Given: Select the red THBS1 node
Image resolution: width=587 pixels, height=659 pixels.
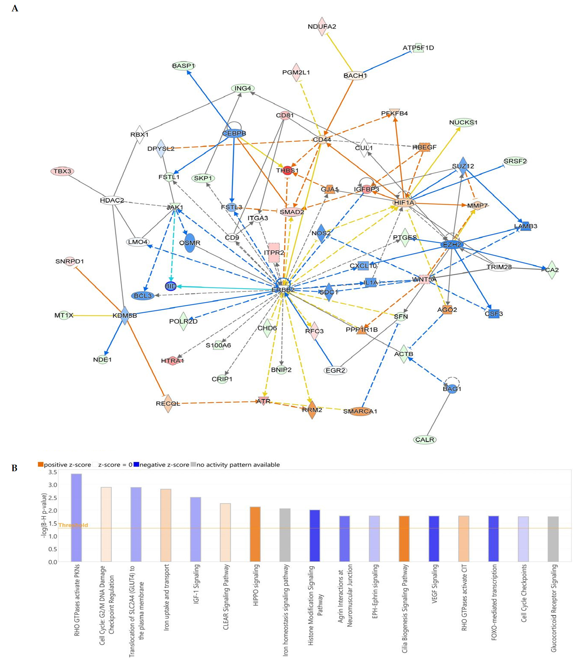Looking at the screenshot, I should tap(287, 170).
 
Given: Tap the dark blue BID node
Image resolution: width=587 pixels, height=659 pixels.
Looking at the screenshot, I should tap(171, 286).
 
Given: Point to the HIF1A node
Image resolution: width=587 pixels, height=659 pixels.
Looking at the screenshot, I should tap(404, 203).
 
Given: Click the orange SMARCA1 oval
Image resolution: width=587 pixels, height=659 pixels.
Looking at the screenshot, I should tap(360, 411).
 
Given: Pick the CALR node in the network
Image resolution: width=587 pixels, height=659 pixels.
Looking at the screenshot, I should tap(425, 440).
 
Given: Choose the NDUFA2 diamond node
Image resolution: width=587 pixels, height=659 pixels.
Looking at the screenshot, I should tap(322, 26).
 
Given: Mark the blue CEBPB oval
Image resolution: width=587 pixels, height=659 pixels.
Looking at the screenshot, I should tap(234, 133).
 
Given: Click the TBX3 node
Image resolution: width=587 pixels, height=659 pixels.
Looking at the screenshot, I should tap(62, 171).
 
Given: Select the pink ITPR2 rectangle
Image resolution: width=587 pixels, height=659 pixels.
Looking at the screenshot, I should tap(274, 252).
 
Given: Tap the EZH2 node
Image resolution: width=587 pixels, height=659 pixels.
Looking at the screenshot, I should tap(452, 245).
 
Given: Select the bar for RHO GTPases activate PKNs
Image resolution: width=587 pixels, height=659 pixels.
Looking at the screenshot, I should tap(76, 518).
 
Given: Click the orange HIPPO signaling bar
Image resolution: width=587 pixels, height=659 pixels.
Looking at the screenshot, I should tap(255, 534).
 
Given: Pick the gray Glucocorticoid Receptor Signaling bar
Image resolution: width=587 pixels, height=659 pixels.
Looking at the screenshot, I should tap(553, 539).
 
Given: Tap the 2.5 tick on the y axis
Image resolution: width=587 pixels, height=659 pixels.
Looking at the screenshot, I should tap(53, 498).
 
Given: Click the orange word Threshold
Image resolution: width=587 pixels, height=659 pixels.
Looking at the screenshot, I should tap(73, 525).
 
